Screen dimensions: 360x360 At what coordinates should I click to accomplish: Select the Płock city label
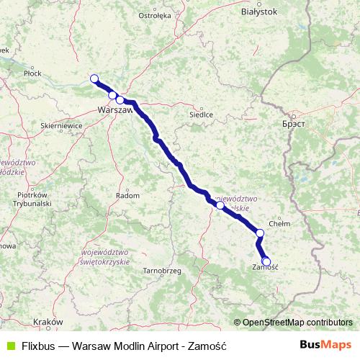(x=32, y=73)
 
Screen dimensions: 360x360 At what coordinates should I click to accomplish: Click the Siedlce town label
(x=200, y=114)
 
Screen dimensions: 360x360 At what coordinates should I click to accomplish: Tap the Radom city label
(x=127, y=195)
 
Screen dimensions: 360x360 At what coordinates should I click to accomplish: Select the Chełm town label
(x=279, y=224)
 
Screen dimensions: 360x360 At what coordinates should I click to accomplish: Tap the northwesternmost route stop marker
(x=94, y=79)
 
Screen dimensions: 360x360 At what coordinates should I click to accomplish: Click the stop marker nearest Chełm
(x=260, y=233)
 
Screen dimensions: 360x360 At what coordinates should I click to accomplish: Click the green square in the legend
(x=10, y=346)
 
